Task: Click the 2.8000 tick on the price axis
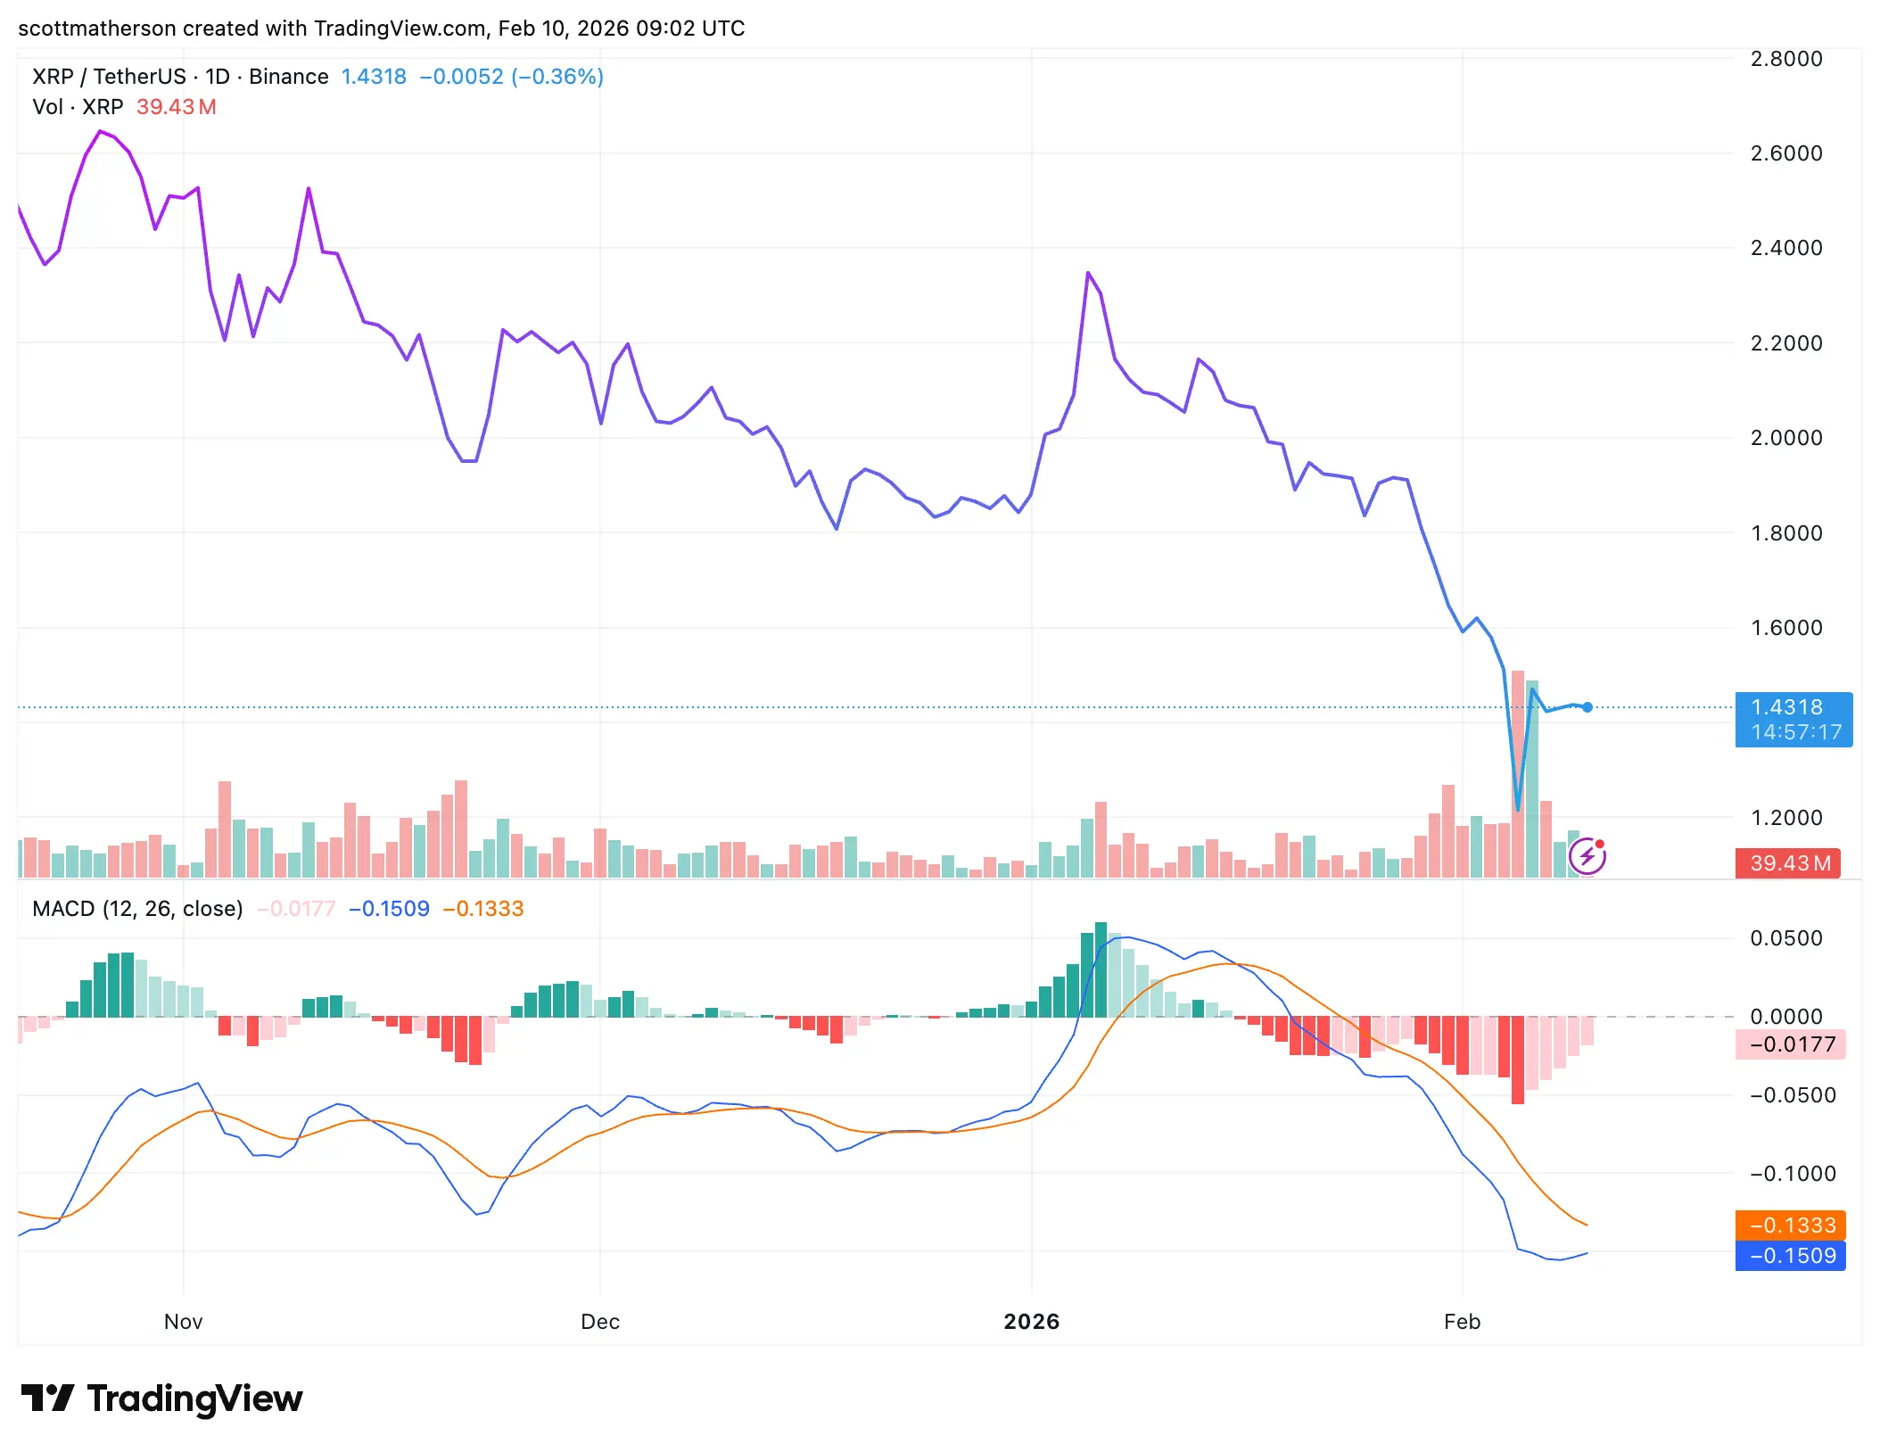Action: pyautogui.click(x=1785, y=59)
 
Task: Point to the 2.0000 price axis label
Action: pyautogui.click(x=1785, y=438)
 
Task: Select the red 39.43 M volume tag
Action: pyautogui.click(x=1787, y=863)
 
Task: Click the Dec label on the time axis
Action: pyautogui.click(x=599, y=1322)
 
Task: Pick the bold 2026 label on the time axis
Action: pyautogui.click(x=1031, y=1322)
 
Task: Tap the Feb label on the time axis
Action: pyautogui.click(x=1462, y=1322)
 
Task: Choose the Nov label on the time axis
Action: pyautogui.click(x=183, y=1322)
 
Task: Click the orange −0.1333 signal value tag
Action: pyautogui.click(x=1790, y=1225)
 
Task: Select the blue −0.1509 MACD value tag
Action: pyautogui.click(x=1790, y=1256)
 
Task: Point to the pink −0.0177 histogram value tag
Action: pyautogui.click(x=1790, y=1044)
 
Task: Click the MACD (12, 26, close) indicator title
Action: pyautogui.click(x=137, y=909)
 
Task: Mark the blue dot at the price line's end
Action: pyautogui.click(x=1587, y=707)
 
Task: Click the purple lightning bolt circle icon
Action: pyautogui.click(x=1587, y=857)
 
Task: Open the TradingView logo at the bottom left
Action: pyautogui.click(x=161, y=1398)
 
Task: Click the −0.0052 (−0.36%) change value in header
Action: pyautogui.click(x=511, y=77)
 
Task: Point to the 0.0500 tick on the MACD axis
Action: pyautogui.click(x=1785, y=938)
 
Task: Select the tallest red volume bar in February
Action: pyautogui.click(x=1518, y=774)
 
